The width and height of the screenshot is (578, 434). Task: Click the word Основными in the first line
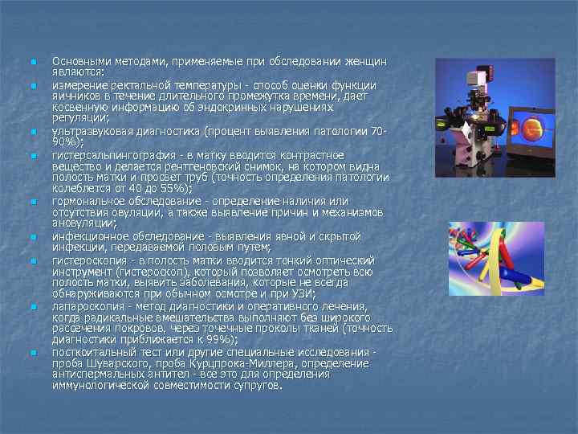tap(79, 61)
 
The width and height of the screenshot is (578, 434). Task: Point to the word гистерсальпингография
tap(110, 154)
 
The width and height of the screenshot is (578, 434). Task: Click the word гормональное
tap(89, 201)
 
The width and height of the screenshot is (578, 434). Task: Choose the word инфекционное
tap(90, 236)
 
